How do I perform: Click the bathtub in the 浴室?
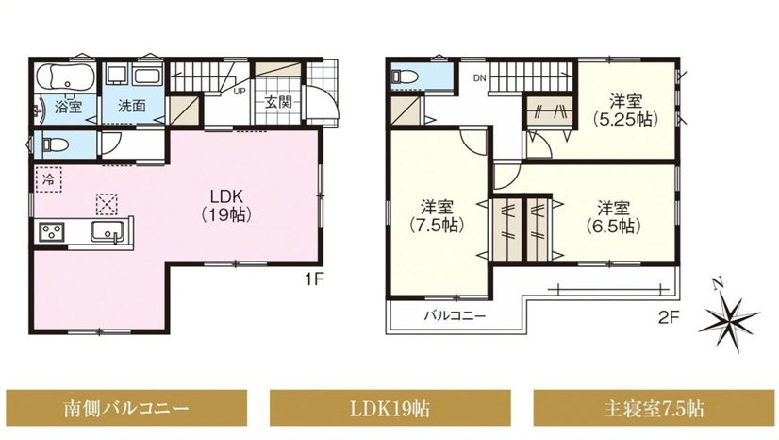tap(66, 77)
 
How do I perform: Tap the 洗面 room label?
tap(132, 106)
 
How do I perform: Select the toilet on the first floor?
tap(54, 144)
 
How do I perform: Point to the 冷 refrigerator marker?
tap(49, 179)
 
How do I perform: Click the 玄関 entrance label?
tap(277, 102)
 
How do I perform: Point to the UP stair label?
tap(240, 92)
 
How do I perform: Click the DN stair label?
tap(479, 77)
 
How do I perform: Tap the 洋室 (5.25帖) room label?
tap(625, 110)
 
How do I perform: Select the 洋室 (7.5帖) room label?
tap(438, 216)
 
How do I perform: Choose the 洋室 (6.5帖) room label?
tap(613, 217)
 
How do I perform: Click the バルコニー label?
tap(455, 315)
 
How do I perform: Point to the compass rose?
tap(729, 316)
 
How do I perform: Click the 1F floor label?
tap(314, 279)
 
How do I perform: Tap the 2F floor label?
tap(669, 316)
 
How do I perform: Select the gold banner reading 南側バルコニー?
tap(126, 408)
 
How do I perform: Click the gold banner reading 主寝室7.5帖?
tap(654, 408)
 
